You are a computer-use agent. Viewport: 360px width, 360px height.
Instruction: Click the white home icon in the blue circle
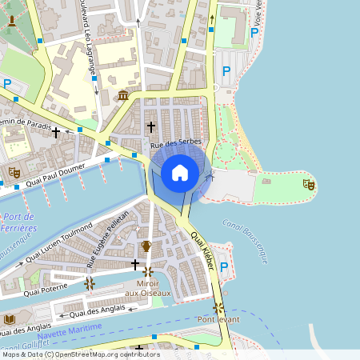click(180, 173)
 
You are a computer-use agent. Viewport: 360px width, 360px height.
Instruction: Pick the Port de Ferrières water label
click(18, 222)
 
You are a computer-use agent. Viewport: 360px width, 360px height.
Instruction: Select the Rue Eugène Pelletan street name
click(108, 238)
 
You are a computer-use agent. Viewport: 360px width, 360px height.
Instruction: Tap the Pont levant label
click(218, 319)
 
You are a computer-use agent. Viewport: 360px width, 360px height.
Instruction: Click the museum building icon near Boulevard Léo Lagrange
click(123, 96)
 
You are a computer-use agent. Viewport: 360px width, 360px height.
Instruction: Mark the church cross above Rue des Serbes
click(151, 126)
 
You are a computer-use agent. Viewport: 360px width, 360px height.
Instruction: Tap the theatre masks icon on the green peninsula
click(309, 185)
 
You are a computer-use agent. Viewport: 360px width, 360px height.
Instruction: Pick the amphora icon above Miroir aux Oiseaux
click(146, 246)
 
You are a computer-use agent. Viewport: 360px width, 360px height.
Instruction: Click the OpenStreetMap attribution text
click(80, 354)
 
